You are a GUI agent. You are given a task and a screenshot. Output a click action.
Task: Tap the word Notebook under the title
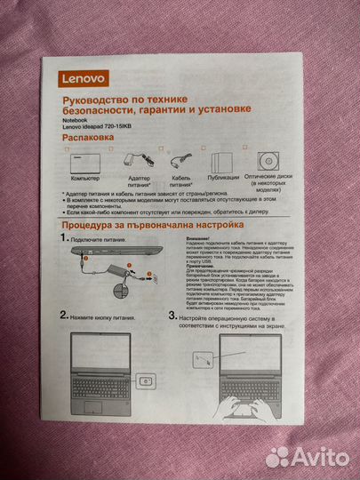click(x=75, y=117)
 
